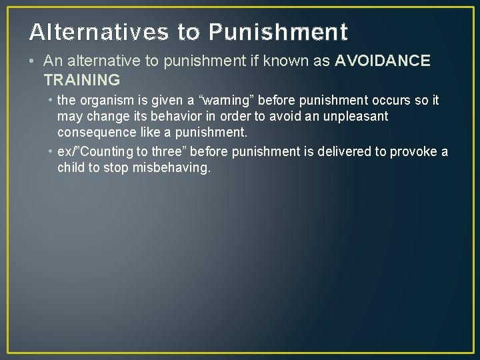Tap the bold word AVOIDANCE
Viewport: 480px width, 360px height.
383,61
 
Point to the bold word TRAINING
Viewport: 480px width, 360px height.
81,80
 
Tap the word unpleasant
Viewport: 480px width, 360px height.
355,116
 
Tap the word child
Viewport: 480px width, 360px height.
71,167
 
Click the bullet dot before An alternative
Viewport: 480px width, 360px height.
33,61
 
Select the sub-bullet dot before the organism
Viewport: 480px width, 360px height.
51,101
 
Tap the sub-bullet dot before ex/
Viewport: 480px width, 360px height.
51,152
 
